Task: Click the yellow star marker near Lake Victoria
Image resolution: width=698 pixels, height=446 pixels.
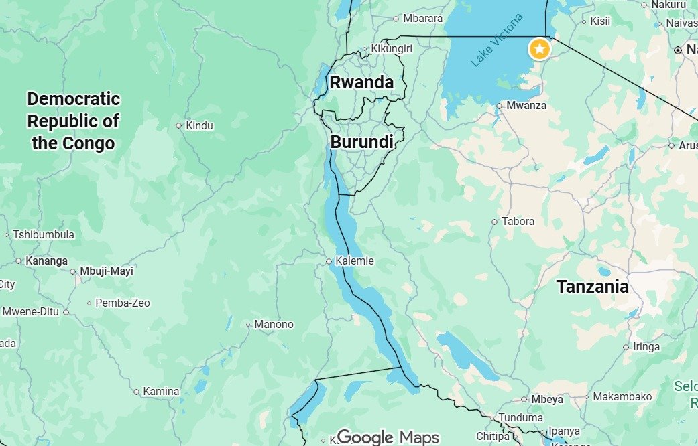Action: [x=539, y=49]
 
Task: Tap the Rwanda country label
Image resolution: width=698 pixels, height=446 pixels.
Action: [x=361, y=82]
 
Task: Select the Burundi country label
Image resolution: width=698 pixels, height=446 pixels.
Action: [x=361, y=142]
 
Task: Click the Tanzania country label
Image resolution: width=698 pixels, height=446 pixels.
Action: [x=592, y=287]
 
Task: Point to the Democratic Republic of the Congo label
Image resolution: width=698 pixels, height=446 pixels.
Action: [x=73, y=121]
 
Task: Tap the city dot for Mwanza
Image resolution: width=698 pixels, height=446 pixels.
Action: [x=500, y=106]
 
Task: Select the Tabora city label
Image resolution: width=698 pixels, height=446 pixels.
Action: [x=518, y=221]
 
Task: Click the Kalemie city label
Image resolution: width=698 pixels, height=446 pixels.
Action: [x=355, y=261]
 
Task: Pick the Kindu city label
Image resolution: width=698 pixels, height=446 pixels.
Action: [x=199, y=125]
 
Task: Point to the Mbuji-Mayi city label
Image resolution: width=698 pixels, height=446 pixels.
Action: [x=107, y=271]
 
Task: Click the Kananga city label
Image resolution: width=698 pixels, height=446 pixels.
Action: [x=46, y=261]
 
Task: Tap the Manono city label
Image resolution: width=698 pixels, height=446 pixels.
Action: [x=274, y=325]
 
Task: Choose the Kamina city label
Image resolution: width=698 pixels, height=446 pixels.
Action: [x=162, y=392]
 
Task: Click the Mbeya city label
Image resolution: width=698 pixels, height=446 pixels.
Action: [x=547, y=399]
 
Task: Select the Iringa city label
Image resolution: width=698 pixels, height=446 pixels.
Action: [x=646, y=347]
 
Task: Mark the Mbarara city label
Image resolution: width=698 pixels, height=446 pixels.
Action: [x=422, y=19]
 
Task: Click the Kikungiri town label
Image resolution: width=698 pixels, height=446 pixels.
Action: [x=392, y=49]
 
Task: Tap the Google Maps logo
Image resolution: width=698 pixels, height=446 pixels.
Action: [x=388, y=437]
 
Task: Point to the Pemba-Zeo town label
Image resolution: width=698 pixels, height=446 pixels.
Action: [x=123, y=303]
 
